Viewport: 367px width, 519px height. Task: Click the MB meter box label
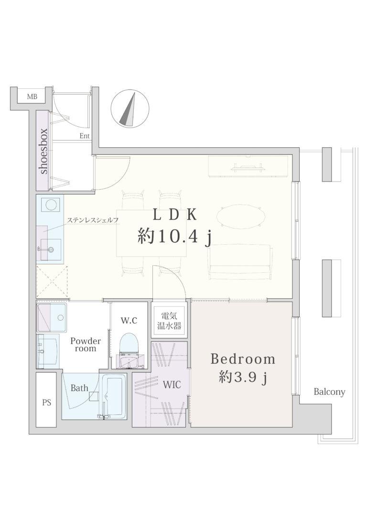tap(32, 97)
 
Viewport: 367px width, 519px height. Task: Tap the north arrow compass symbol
tap(130, 109)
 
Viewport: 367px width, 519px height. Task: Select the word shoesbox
tap(43, 151)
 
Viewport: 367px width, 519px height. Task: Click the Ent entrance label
tap(85, 136)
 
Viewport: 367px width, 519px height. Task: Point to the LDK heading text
tap(174, 215)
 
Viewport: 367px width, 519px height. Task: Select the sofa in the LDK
tap(240, 262)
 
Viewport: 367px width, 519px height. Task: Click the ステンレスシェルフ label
tap(93, 220)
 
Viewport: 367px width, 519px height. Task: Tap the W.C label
tap(129, 320)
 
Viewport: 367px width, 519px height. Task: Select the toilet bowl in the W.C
tap(129, 344)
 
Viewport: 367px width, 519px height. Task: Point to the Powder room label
tap(86, 345)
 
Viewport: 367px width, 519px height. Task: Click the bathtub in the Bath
tap(114, 396)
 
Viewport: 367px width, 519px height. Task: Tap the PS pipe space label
tap(47, 402)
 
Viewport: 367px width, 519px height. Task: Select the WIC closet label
tap(172, 385)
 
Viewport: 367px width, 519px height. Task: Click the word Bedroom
tap(243, 359)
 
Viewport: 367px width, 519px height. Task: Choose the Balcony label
tap(329, 392)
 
